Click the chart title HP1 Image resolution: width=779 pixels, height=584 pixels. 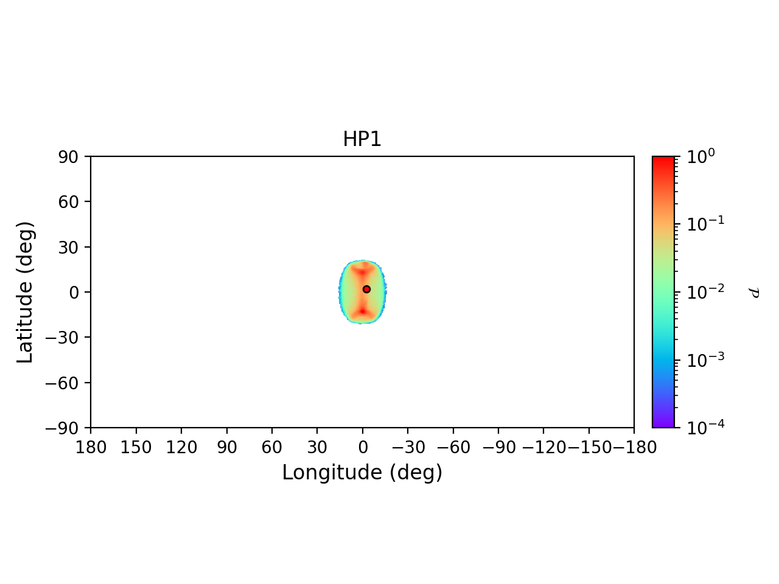362,139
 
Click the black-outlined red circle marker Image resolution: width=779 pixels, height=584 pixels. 366,289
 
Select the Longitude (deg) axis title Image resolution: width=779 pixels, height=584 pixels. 362,473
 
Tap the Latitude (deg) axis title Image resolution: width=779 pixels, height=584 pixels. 25,292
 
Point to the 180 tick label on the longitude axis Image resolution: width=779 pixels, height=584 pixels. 91,448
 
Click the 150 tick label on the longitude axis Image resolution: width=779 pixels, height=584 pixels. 136,448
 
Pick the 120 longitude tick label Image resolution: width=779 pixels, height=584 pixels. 181,448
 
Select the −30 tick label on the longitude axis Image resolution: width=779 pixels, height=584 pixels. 408,448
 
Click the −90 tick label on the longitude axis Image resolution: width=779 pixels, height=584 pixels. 498,448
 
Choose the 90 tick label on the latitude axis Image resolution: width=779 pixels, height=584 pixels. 69,157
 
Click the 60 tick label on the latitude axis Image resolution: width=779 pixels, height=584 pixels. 69,202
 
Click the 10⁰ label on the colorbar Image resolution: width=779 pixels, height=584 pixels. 701,157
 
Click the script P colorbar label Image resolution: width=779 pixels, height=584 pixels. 754,293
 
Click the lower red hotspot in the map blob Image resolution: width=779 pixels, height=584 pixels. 362,311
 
